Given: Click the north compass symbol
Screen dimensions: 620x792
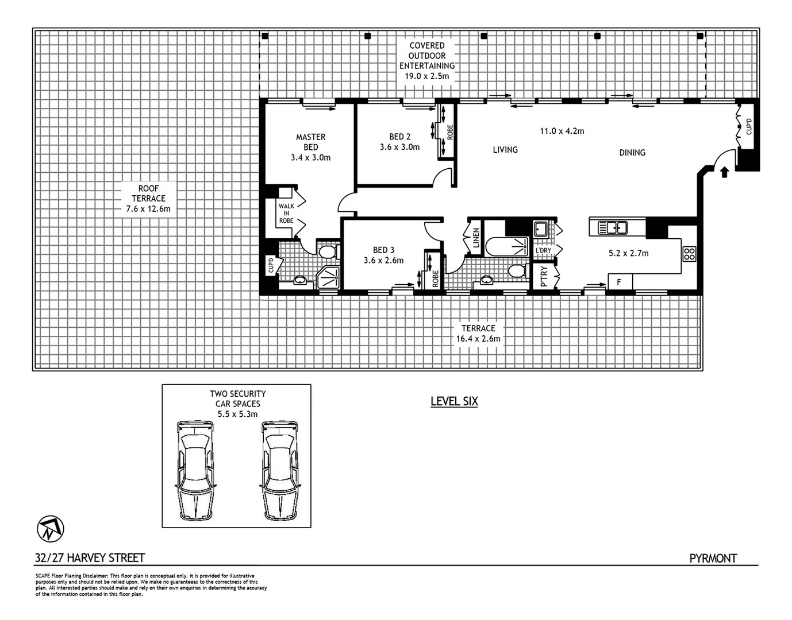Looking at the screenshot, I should click(x=51, y=529).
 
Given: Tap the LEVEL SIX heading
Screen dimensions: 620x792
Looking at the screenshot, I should click(x=454, y=401).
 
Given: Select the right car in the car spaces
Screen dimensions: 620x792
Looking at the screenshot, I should click(x=280, y=470).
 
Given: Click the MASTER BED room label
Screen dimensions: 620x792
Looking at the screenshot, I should click(x=310, y=142).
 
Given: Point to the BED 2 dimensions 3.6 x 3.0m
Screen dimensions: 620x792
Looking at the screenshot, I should click(x=399, y=147).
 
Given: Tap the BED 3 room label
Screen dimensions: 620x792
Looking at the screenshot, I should click(x=383, y=250).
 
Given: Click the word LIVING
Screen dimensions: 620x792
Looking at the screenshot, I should click(x=505, y=150).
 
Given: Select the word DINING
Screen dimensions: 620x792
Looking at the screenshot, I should click(x=632, y=153).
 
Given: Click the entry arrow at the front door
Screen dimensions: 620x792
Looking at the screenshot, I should click(x=724, y=172).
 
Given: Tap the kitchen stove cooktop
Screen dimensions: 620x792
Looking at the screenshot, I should click(x=689, y=254).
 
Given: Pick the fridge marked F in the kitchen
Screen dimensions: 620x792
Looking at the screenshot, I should click(x=620, y=282).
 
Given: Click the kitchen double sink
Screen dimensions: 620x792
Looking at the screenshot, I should click(x=613, y=228).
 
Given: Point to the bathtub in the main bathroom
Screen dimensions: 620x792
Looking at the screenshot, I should click(x=506, y=247).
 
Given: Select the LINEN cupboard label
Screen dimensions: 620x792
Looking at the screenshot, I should click(x=476, y=238).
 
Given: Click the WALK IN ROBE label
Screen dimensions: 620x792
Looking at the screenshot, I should click(x=286, y=213).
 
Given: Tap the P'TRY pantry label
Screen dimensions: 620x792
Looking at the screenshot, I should click(x=544, y=276).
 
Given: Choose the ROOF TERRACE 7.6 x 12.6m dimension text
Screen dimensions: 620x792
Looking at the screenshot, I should click(x=148, y=209).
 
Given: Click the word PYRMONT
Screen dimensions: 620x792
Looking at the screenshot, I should click(x=713, y=558).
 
